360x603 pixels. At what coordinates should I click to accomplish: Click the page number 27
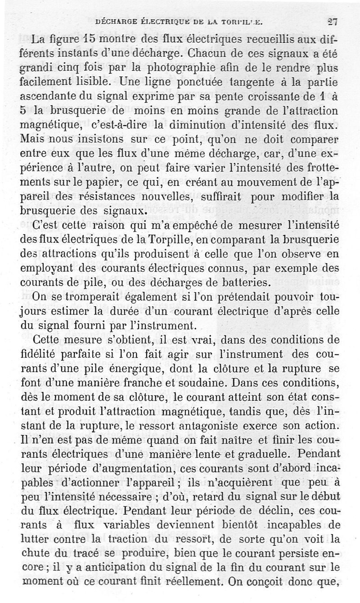[333, 21]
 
